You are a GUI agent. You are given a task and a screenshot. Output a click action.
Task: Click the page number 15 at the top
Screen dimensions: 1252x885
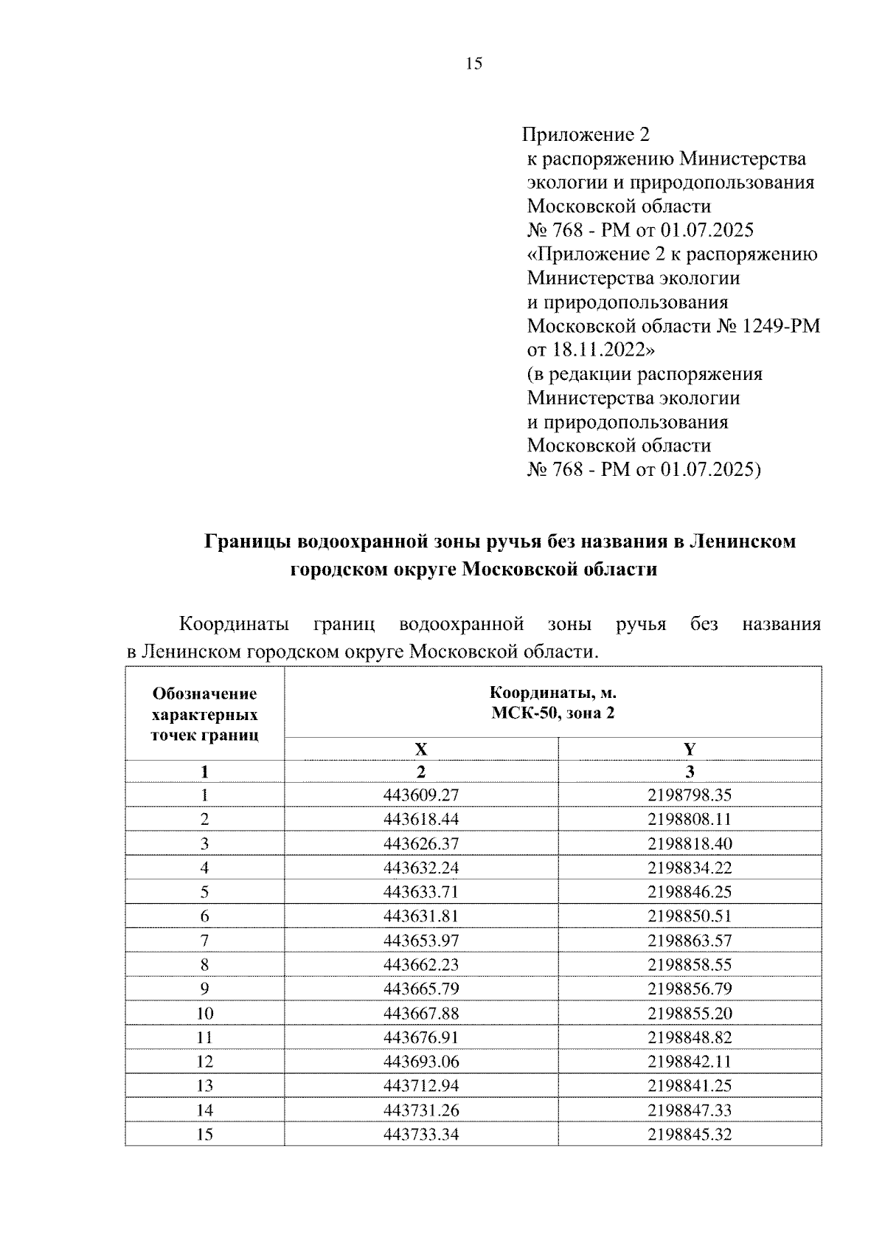click(x=473, y=64)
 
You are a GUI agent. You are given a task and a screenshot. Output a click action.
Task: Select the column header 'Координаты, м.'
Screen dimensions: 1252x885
click(x=552, y=694)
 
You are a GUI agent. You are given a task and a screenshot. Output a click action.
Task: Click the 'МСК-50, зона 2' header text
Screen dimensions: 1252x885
click(x=552, y=713)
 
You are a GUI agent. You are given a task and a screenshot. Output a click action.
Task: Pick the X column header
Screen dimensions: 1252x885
click(x=420, y=750)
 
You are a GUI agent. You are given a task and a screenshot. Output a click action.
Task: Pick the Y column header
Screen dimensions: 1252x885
click(x=690, y=750)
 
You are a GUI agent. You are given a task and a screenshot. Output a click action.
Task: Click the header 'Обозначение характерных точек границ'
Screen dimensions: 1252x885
click(x=204, y=714)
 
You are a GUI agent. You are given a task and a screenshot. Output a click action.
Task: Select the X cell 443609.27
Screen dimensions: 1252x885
click(x=420, y=795)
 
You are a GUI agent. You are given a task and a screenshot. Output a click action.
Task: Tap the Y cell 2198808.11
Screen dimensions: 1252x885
click(x=690, y=820)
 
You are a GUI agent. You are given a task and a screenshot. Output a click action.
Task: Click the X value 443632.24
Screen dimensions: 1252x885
click(x=420, y=868)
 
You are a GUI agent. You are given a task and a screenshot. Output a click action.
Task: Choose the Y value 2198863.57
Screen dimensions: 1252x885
click(x=690, y=941)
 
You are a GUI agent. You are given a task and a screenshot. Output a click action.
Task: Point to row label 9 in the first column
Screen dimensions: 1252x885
click(x=204, y=989)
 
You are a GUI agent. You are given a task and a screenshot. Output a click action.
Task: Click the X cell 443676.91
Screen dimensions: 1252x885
click(x=420, y=1037)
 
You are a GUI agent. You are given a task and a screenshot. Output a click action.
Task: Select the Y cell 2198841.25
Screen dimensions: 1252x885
click(x=690, y=1086)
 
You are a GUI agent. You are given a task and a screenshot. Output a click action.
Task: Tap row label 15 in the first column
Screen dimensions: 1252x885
click(x=204, y=1134)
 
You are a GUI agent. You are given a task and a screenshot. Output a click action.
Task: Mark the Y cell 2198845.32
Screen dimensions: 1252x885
click(x=690, y=1134)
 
